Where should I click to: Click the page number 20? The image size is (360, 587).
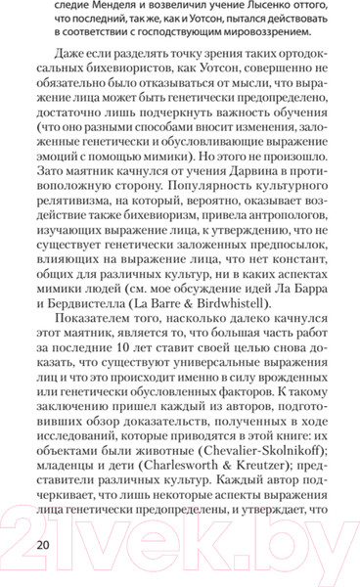(40, 543)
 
